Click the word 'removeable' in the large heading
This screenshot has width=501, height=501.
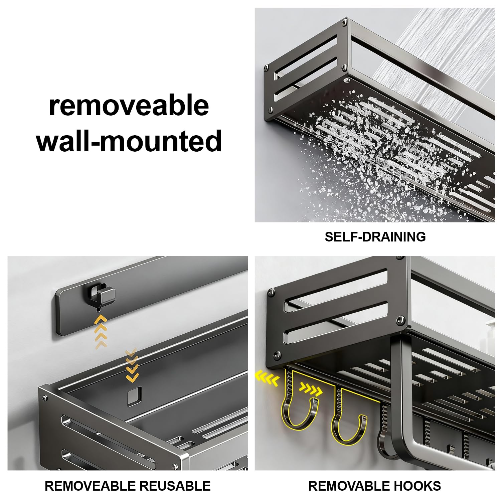129,105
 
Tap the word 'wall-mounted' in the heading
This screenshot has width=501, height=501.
129,141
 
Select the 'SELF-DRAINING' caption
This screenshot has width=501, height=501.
375,237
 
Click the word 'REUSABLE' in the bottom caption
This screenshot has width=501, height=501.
175,486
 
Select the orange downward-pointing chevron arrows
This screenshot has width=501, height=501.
132,366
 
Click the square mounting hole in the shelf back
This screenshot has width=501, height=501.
135,396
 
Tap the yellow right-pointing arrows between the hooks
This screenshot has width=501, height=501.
311,389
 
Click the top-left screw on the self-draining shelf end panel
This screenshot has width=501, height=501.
266,68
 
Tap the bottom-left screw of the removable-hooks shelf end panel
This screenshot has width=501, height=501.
277,354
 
